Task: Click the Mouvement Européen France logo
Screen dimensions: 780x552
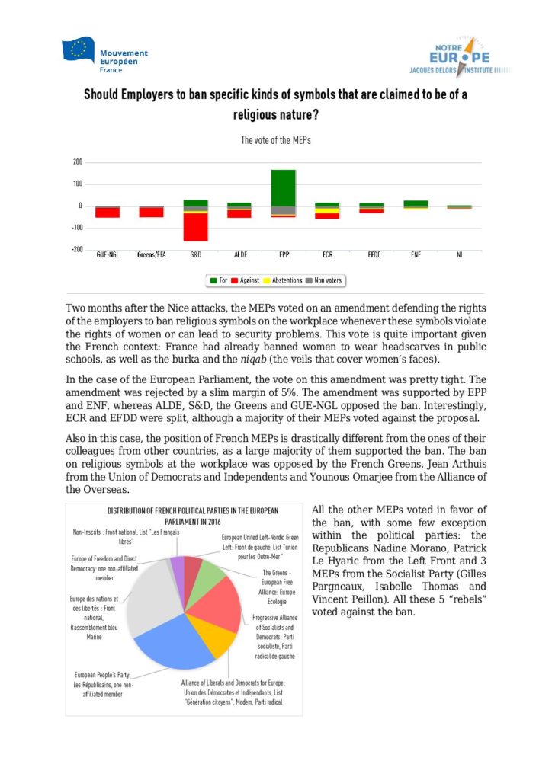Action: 105,54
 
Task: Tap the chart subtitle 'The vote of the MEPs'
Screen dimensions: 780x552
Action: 276,140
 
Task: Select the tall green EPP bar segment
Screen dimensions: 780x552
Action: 284,187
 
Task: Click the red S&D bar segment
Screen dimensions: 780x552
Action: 196,227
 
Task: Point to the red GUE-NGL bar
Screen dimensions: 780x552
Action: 108,212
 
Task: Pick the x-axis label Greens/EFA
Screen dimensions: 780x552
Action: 151,254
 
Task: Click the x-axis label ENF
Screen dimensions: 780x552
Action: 416,254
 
